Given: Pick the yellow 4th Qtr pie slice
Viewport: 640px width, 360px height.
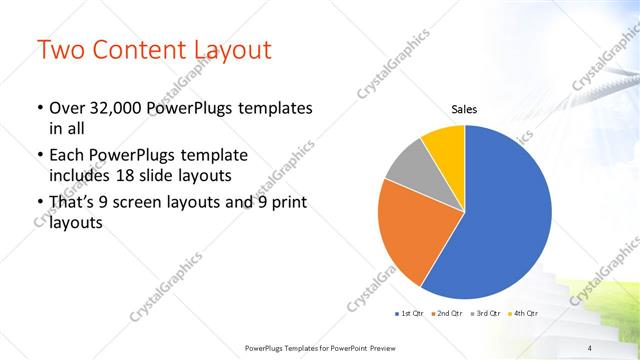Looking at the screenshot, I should [x=444, y=146].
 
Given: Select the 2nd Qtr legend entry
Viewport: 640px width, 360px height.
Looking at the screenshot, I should [x=447, y=314].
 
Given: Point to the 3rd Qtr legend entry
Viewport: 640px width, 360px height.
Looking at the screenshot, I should [x=487, y=314].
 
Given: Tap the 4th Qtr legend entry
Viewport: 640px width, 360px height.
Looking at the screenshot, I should [x=526, y=314].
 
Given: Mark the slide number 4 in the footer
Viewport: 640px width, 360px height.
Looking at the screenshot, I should [x=590, y=347].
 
